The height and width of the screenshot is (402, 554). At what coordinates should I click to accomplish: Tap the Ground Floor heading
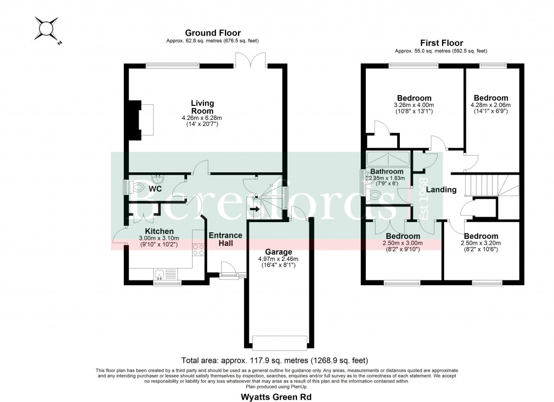(x=205, y=33)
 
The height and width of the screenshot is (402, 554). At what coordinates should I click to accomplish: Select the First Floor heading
(x=441, y=43)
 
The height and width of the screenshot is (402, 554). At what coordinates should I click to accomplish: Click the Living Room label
(x=202, y=106)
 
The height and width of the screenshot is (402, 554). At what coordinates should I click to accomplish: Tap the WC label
(x=155, y=189)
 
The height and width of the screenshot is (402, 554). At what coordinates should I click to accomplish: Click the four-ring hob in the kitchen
(x=198, y=250)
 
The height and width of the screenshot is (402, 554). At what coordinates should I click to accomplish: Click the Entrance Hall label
(x=225, y=239)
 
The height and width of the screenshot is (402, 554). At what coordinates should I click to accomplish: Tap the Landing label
(x=441, y=190)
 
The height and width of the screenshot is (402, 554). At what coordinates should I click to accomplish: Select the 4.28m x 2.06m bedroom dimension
(x=491, y=105)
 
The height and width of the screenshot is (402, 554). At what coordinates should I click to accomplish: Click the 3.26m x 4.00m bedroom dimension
(x=413, y=105)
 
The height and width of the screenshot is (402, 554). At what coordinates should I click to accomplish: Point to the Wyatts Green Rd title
(x=276, y=396)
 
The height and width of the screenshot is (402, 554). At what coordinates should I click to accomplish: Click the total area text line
(x=276, y=359)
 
